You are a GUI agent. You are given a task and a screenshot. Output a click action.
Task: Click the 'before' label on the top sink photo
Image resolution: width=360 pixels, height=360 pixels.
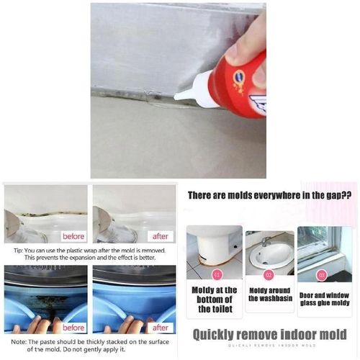click(x=73, y=235)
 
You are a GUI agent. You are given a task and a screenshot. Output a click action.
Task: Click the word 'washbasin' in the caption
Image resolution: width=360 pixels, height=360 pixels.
click(x=269, y=299)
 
